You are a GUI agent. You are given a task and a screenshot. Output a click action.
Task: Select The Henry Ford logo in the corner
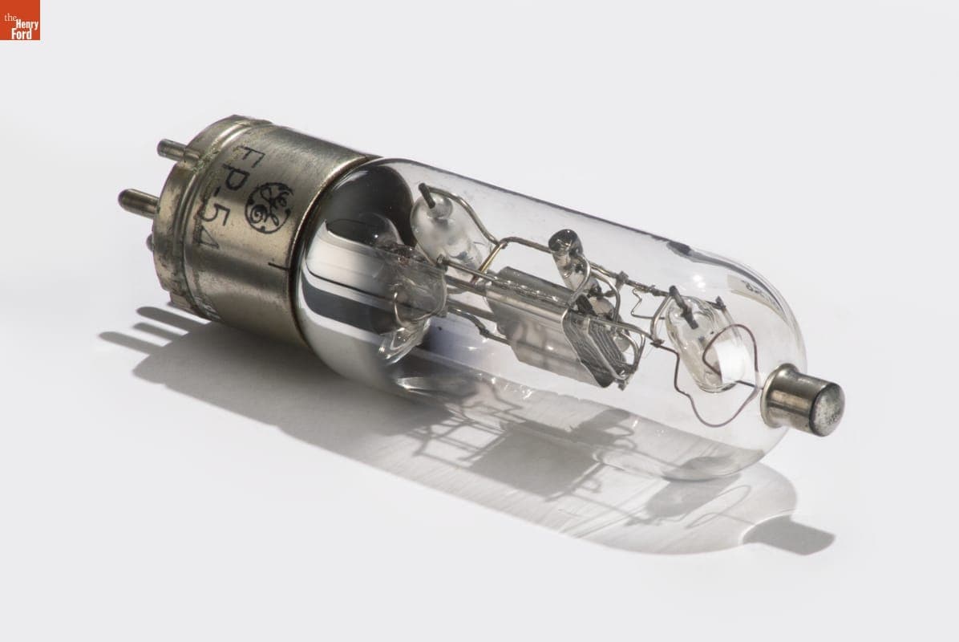pos(19,20)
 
